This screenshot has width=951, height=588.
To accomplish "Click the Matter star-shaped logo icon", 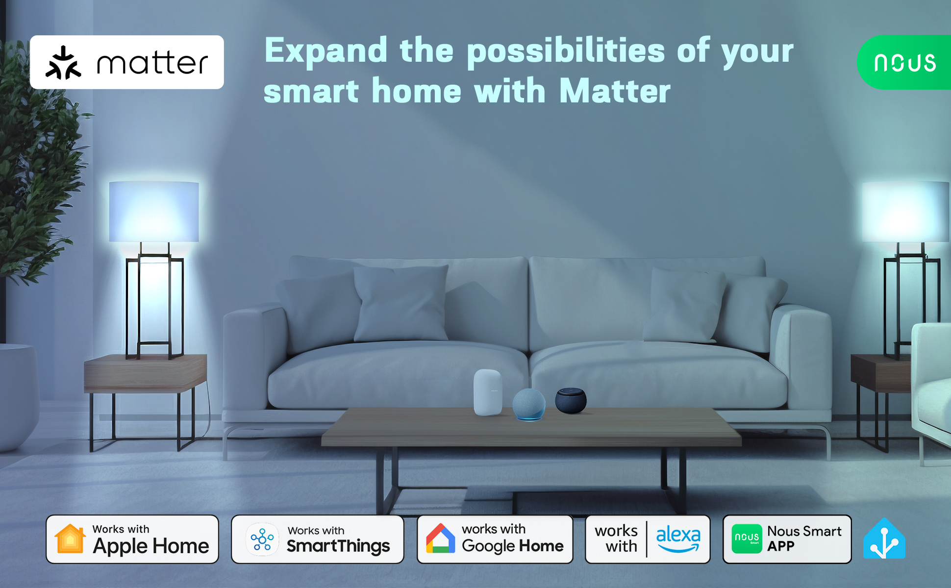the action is [x=63, y=63].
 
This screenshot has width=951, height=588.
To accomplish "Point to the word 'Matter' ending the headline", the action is [x=615, y=91].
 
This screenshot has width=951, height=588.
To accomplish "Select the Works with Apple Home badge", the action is [x=132, y=539].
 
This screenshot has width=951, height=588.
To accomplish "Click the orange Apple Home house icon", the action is [x=70, y=539].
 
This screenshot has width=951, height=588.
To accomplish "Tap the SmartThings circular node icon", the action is [x=262, y=539].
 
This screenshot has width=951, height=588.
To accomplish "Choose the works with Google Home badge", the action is [x=495, y=539].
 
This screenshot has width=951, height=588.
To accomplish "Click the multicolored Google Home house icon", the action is [x=440, y=539].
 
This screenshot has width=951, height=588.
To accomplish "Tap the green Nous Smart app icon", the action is [x=747, y=539].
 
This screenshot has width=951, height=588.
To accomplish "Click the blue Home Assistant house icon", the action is [x=884, y=539].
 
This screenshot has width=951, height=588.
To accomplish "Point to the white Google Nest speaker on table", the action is [x=488, y=392].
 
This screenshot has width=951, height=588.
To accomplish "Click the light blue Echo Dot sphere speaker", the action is [x=529, y=404].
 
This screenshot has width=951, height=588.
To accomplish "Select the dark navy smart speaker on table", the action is [x=571, y=400].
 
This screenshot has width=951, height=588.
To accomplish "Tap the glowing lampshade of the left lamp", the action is [x=154, y=212].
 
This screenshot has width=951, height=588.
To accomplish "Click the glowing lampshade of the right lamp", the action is [x=905, y=212].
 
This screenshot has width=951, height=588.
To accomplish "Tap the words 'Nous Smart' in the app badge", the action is [x=804, y=531].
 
